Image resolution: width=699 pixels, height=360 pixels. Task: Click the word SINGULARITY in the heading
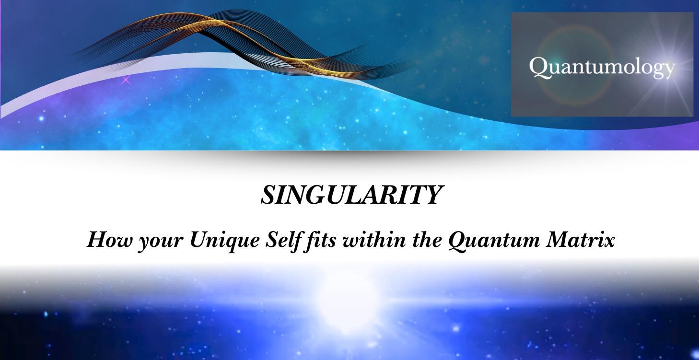click(349, 195)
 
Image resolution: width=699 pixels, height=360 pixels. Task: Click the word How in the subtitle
click(104, 239)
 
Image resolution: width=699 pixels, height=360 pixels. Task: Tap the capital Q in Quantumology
click(537, 68)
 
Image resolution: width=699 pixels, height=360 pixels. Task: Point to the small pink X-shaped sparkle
click(126, 80)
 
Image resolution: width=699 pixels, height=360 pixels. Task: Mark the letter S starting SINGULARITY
click(267, 195)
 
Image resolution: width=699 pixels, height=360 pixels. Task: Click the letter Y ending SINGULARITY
click(432, 195)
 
